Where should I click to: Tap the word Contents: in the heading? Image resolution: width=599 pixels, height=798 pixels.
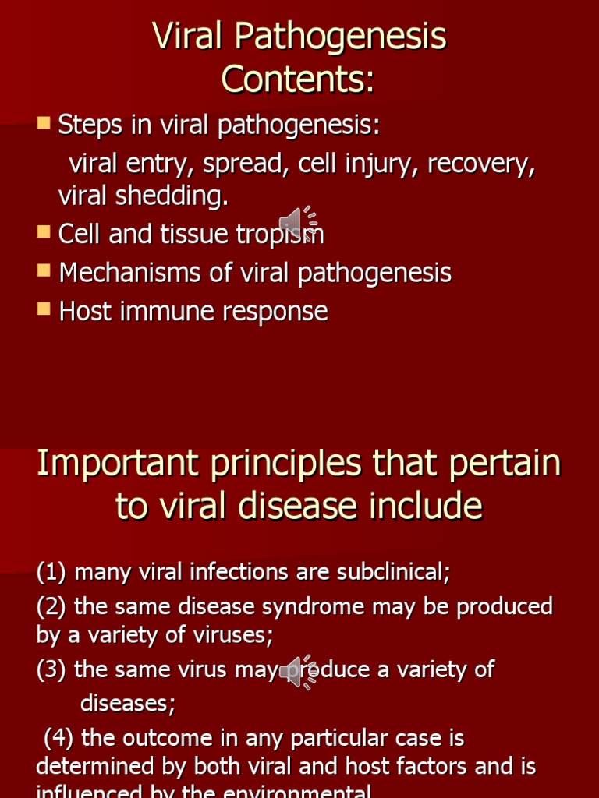click(x=298, y=79)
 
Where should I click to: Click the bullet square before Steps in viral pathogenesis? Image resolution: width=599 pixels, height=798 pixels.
click(x=44, y=122)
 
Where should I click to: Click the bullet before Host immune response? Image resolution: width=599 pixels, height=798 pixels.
click(x=44, y=309)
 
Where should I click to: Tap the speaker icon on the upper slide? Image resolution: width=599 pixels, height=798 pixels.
click(x=297, y=224)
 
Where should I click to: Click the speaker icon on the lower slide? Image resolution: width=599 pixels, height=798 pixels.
click(x=297, y=672)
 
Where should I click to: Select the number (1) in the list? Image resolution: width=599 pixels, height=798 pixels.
click(x=51, y=573)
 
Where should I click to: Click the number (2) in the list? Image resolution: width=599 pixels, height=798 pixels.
click(x=51, y=606)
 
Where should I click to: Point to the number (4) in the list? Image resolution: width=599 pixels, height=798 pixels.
click(x=58, y=737)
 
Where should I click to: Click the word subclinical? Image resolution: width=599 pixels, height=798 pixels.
click(x=394, y=573)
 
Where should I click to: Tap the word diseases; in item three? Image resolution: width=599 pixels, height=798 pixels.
click(x=128, y=704)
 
